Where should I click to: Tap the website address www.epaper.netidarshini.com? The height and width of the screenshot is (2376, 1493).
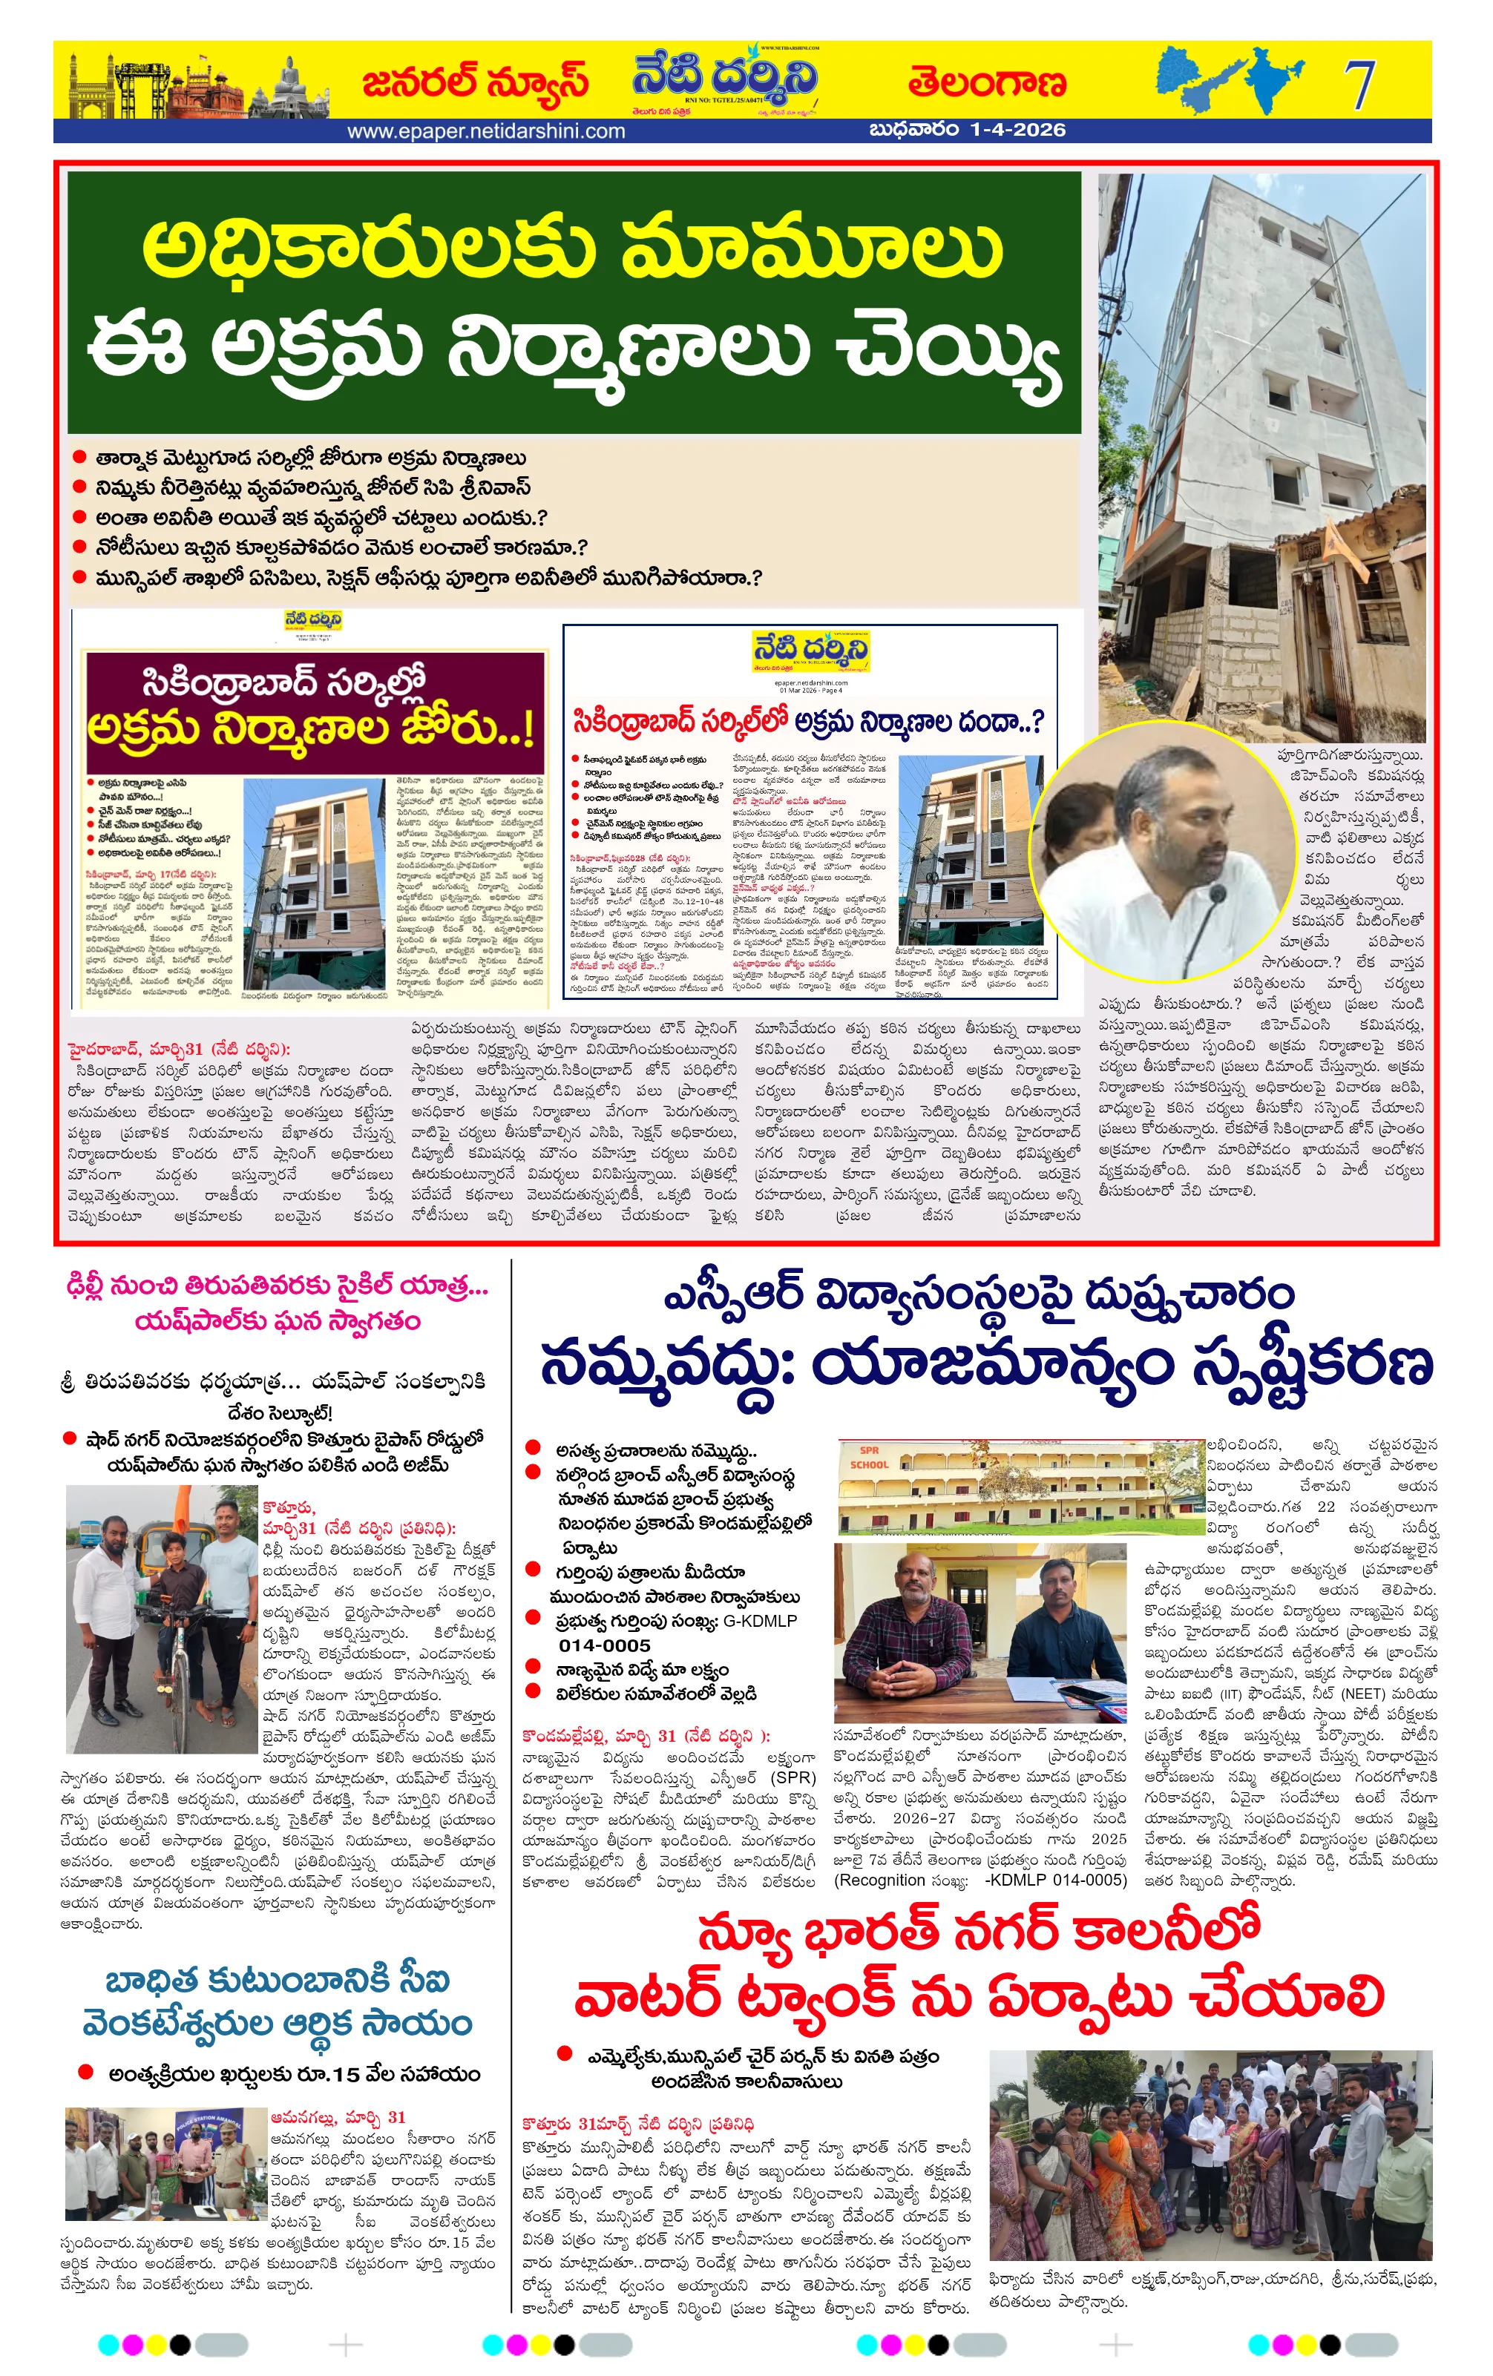[485, 131]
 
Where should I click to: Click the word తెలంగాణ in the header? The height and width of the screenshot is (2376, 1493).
[987, 85]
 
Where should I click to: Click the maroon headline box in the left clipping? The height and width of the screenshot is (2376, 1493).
[315, 711]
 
